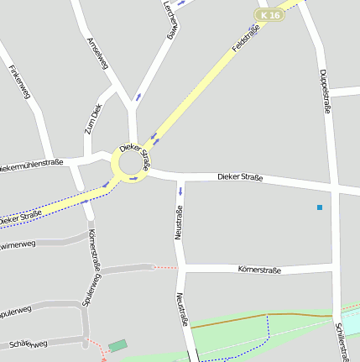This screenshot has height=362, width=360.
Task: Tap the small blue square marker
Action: pos(320,207)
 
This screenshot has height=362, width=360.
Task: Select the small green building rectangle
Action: pos(117,345)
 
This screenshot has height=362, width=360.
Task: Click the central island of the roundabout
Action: pos(128,162)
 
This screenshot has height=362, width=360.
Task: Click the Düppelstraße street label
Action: pos(325,91)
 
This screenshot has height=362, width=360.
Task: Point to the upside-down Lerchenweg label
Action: pos(170,18)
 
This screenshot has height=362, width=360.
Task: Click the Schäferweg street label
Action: pos(28,344)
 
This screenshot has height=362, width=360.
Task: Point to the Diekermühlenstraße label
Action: pos(32,165)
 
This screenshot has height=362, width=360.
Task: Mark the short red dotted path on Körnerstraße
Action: pos(166,267)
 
